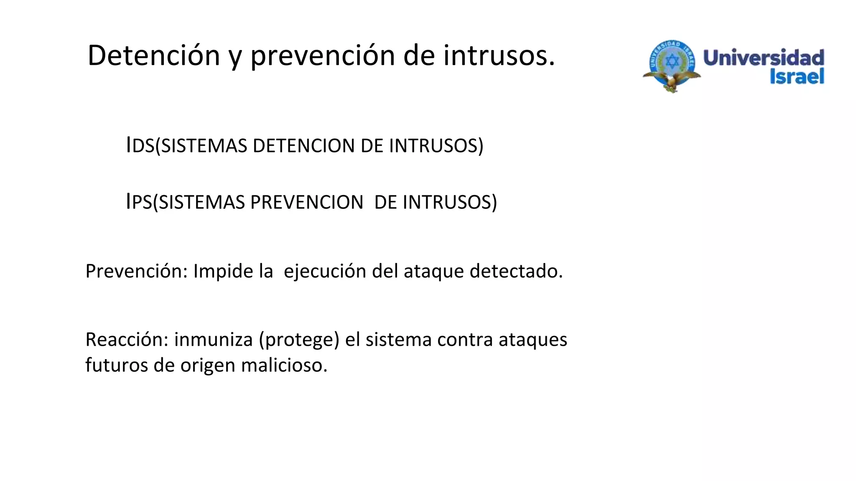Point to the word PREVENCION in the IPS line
point(306,203)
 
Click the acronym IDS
point(140,146)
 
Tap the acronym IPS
point(139,203)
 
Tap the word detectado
point(516,271)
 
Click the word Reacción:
point(127,340)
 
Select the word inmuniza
point(214,340)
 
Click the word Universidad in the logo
point(764,58)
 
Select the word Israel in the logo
point(797,76)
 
